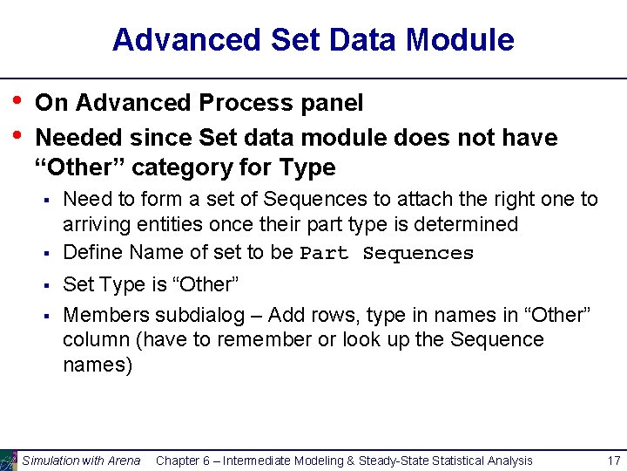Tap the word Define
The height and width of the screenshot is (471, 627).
coord(92,252)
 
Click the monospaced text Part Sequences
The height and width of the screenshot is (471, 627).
coord(387,254)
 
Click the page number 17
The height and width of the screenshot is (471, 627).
coord(613,461)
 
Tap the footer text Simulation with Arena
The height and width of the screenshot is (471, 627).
coord(81,461)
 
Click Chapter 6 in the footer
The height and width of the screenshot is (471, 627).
coord(184,461)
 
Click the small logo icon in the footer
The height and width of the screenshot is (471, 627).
coord(9,460)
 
